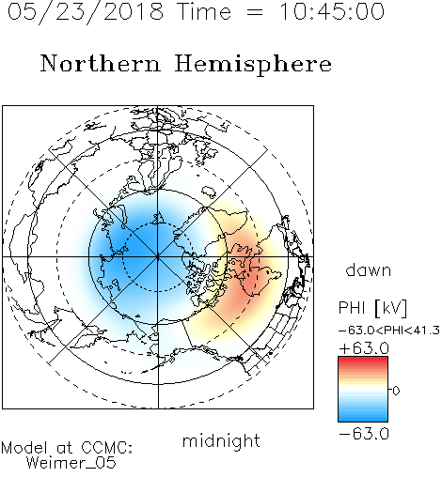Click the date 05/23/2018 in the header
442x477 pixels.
coord(86,12)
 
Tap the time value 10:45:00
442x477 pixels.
coord(332,11)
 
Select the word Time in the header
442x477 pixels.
coord(204,11)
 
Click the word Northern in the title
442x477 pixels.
coord(101,63)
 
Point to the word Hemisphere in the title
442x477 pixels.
coord(253,65)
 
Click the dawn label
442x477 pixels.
coord(369,269)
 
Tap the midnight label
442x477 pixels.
coord(221,440)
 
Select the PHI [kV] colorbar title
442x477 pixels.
coord(372,308)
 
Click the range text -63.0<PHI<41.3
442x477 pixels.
coord(389,331)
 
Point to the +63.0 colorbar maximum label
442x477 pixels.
coord(364,348)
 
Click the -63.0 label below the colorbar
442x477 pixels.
coord(364,434)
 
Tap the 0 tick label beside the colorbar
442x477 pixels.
coord(396,391)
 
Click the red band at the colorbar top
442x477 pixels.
coord(363,361)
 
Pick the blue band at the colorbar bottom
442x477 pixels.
coord(363,418)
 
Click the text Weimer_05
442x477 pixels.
coord(71,463)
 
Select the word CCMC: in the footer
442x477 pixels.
coord(106,448)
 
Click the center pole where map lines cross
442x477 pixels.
coord(158,257)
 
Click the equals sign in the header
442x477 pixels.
coord(255,12)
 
